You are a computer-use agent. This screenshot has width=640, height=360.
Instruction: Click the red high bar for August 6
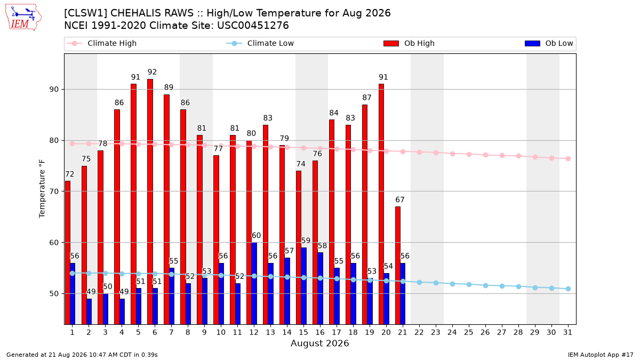[x=150, y=202]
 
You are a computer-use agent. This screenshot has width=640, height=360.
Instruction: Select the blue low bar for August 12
[x=254, y=283]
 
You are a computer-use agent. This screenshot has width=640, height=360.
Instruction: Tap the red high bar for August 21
[x=398, y=266]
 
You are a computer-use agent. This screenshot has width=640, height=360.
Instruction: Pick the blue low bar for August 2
[x=89, y=311]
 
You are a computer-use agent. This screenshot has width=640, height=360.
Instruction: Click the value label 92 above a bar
[x=153, y=72]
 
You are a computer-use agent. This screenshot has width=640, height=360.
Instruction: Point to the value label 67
[x=400, y=199]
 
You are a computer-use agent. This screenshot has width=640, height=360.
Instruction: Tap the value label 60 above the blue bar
[x=257, y=235]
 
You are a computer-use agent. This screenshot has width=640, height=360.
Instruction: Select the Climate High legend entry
[x=102, y=43]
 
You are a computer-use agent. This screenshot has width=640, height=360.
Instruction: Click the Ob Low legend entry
[x=549, y=43]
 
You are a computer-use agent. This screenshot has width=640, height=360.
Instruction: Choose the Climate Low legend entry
[x=260, y=43]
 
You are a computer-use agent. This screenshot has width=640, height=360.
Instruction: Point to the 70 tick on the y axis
[x=54, y=191]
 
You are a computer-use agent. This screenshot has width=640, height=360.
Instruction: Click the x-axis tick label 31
[x=567, y=332]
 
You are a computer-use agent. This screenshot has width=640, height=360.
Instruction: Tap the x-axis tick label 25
[x=469, y=332]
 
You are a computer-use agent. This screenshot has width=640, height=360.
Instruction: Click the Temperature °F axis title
[x=42, y=189]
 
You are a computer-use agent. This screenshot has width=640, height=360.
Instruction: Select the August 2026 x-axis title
[x=319, y=343]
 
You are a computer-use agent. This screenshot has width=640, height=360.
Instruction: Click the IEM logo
[x=23, y=18]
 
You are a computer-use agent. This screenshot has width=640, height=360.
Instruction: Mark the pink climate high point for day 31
[x=569, y=158]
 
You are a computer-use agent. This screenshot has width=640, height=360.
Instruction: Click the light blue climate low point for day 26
[x=485, y=285]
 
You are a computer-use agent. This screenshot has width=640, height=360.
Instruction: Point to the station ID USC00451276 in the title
[x=253, y=26]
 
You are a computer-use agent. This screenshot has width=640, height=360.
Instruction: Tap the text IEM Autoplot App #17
[x=601, y=355]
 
